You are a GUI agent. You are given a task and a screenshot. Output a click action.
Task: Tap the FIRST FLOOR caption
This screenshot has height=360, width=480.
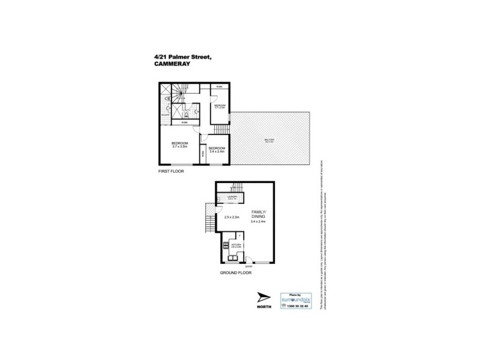coord(169,172)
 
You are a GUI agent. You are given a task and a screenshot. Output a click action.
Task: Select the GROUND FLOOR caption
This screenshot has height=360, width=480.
coord(235,272)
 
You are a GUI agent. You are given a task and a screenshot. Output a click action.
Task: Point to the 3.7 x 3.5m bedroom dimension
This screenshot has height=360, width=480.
coord(180,146)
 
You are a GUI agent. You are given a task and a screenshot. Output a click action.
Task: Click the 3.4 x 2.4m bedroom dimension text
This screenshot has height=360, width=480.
coord(217,151)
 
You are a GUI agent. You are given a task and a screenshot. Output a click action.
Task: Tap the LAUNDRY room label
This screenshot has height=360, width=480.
coord(233,197)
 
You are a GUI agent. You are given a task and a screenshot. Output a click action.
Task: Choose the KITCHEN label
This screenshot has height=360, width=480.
coord(236,245)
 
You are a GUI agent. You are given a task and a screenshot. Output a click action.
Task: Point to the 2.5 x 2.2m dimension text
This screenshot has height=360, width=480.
coord(232,217)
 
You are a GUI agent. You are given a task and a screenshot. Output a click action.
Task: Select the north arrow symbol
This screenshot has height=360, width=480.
coord(263,298)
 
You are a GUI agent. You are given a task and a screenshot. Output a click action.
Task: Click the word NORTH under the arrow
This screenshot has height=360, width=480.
coord(264,307)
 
